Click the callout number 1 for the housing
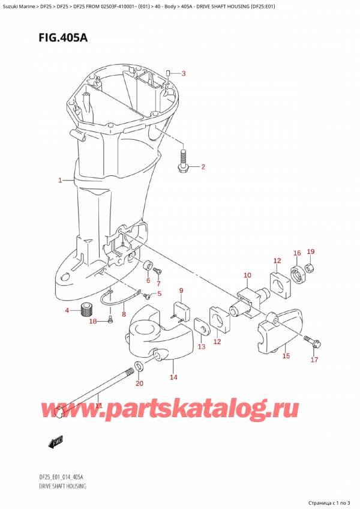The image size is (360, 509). [x=60, y=180]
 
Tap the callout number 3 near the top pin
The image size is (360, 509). [x=184, y=74]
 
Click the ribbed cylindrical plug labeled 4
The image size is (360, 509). [x=90, y=310]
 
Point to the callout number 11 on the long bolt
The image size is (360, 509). [x=99, y=406]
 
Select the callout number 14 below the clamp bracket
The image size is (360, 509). [x=173, y=378]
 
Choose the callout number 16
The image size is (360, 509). [x=297, y=253]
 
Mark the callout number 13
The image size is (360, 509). [x=201, y=347]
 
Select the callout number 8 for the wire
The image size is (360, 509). [x=124, y=314]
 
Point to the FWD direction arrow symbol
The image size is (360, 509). [x=56, y=443]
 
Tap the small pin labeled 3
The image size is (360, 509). [x=169, y=73]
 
